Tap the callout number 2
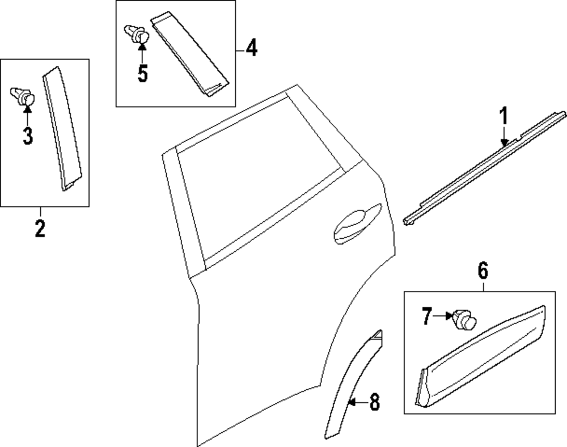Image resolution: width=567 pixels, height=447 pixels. (x=40, y=229)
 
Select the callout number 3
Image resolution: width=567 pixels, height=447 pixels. (x=27, y=136)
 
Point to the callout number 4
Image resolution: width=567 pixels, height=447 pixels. (x=250, y=48)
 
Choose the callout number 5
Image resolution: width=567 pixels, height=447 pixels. (x=142, y=74)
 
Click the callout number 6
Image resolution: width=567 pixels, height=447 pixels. (x=483, y=271)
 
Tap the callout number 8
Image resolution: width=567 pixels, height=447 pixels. (x=374, y=403)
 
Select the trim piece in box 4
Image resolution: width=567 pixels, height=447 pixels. (x=190, y=54)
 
